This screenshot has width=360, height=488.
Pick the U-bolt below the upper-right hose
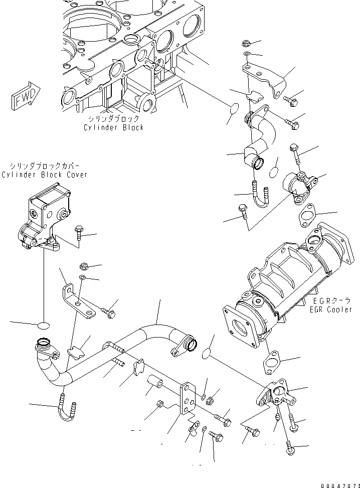coord(261,198)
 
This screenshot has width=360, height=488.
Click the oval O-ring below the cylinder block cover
coord(44,325)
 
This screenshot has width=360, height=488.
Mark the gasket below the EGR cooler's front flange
coord(274,361)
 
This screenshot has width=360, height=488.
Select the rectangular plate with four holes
coord(188,398)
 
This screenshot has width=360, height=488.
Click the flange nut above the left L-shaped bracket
coord(84,266)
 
